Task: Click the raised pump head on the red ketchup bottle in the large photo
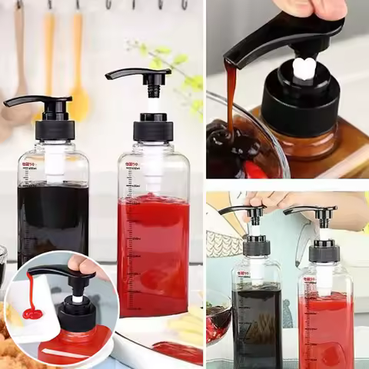[139, 75]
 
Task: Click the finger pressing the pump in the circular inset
[80, 266]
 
